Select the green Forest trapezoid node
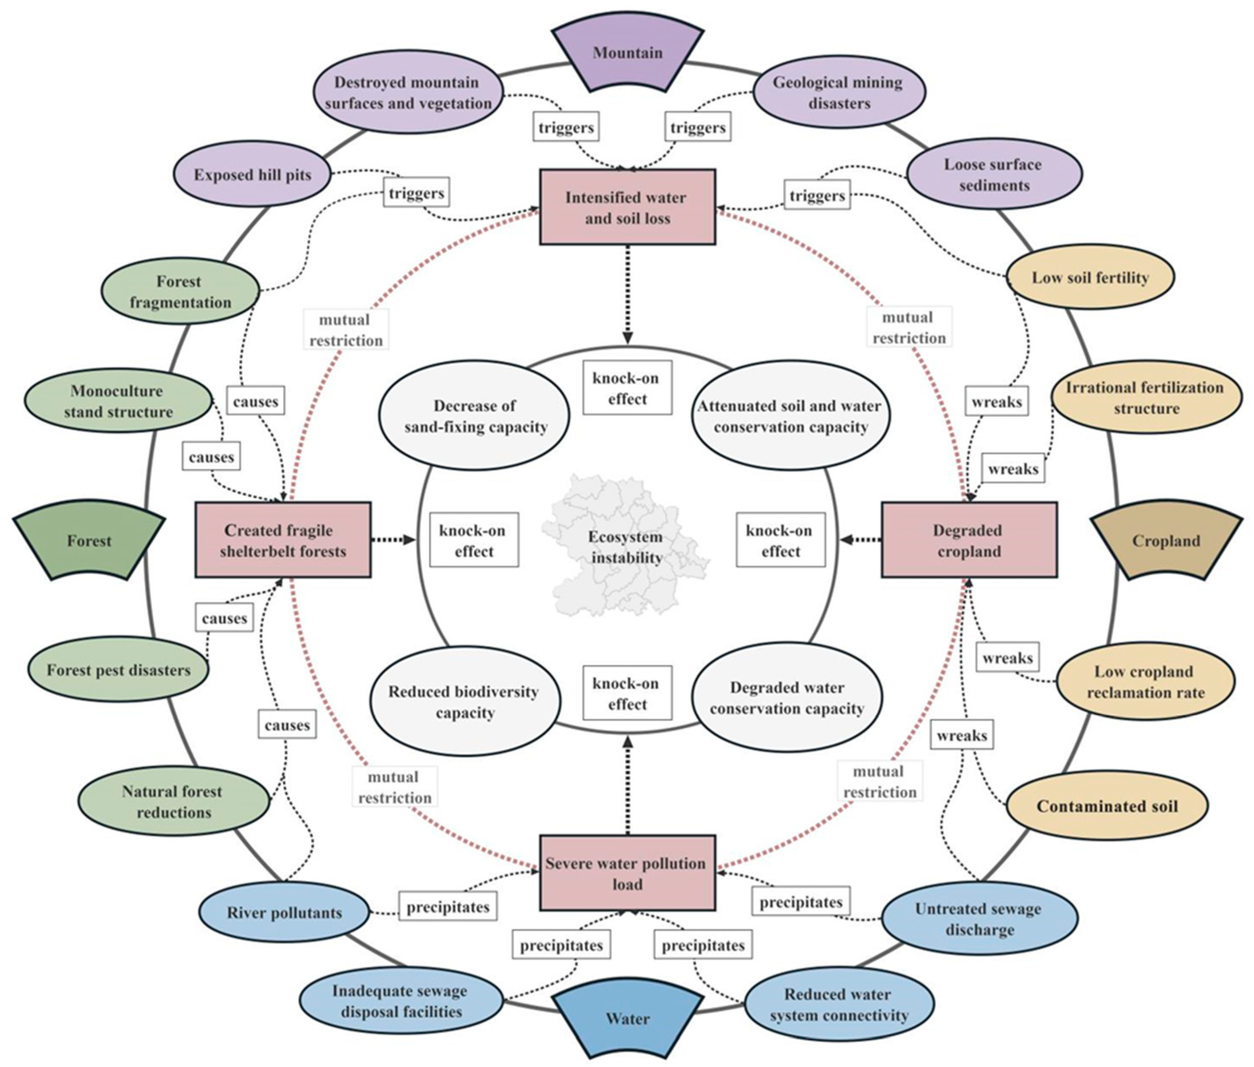coord(89,540)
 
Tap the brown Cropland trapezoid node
coord(1166,540)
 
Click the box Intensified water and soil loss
coord(627,208)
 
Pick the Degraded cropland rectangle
coord(969,540)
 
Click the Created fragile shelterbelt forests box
coord(282,540)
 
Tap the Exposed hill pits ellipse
coord(252,175)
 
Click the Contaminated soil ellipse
coord(1106,806)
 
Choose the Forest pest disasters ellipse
coord(119,670)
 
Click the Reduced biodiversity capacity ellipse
coord(464,701)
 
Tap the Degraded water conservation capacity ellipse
coord(787,698)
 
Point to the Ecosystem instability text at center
coord(626,547)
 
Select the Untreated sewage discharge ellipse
coord(979,919)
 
